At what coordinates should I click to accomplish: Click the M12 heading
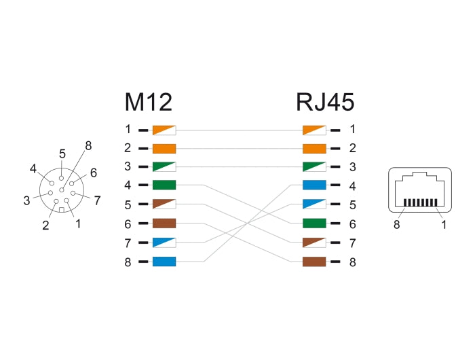[148, 102]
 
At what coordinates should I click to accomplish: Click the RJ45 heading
[325, 102]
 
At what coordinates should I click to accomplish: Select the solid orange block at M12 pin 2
[164, 148]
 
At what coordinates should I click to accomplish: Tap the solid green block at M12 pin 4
[164, 185]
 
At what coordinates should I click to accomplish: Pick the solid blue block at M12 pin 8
[164, 262]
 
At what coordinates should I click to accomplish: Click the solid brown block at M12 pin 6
[164, 223]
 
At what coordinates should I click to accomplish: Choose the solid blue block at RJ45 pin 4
[314, 185]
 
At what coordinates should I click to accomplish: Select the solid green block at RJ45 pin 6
[314, 223]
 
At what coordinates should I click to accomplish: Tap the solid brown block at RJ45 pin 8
[314, 262]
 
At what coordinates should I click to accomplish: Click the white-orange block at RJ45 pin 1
[314, 129]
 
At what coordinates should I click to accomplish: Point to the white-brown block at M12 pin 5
[164, 204]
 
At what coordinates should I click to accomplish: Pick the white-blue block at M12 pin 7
[164, 242]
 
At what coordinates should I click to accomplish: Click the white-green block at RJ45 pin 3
[314, 166]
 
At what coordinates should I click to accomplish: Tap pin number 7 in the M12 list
[128, 242]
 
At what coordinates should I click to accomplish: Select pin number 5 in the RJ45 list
[352, 204]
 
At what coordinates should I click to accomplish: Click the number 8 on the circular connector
[88, 145]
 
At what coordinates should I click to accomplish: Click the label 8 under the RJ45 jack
[396, 225]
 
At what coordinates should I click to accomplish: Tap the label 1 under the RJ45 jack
[444, 225]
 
